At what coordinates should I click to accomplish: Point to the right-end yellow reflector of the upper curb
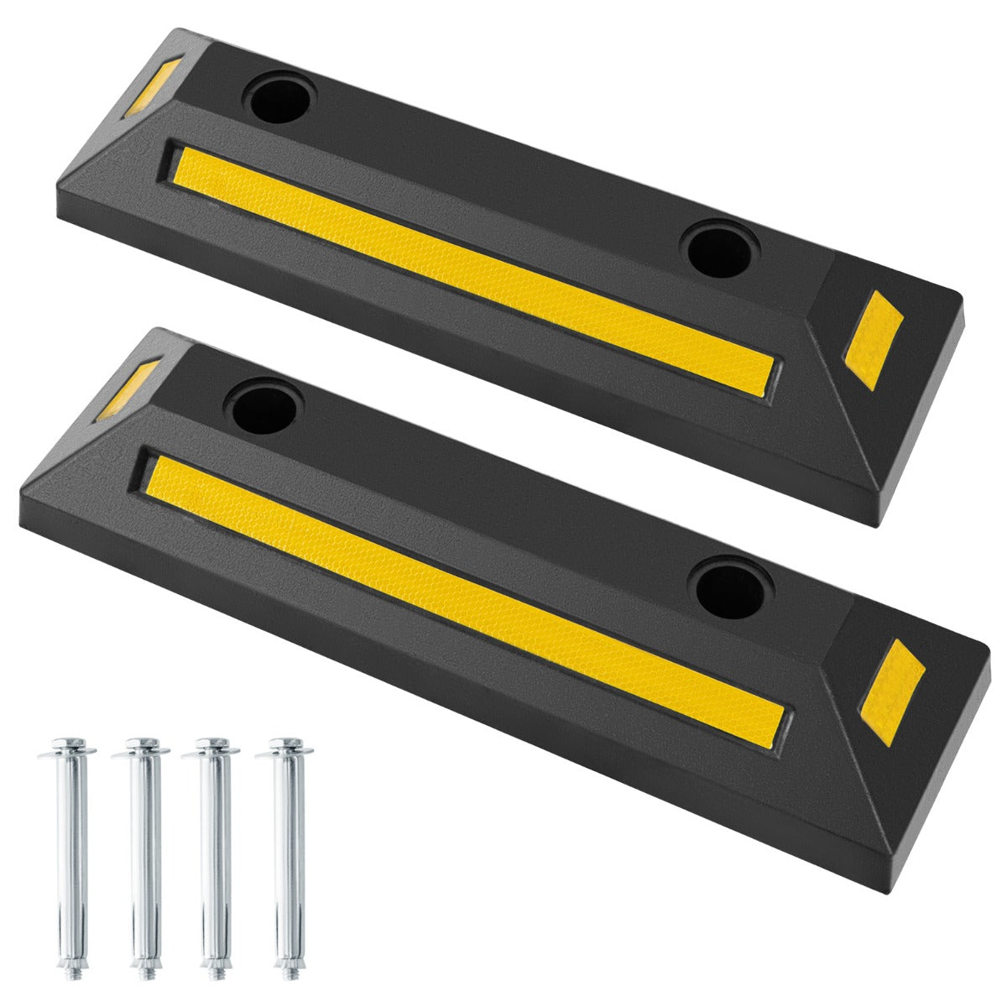click(869, 340)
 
